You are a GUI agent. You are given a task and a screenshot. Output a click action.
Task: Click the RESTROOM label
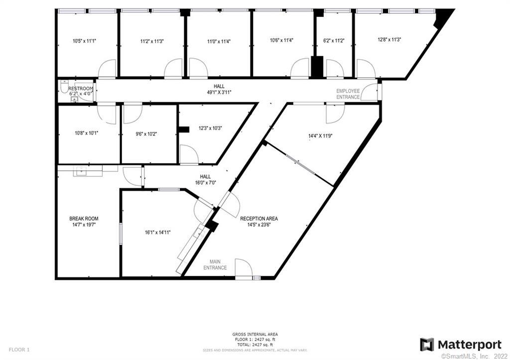tap(81, 89)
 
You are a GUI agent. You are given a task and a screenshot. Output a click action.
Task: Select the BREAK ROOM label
tap(84, 219)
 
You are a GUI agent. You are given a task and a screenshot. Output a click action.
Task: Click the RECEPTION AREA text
tap(259, 219)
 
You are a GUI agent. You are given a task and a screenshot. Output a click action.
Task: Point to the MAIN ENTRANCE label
tap(215, 264)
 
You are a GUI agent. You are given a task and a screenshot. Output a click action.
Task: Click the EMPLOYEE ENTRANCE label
tap(348, 94)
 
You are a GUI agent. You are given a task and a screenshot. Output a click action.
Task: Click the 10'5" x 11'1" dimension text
tap(84, 41)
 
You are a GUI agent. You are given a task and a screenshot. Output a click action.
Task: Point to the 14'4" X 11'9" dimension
tap(320, 135)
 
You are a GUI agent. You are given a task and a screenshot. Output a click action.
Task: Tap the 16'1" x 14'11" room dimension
tap(158, 232)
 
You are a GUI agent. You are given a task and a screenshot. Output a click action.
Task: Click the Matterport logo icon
tap(427, 345)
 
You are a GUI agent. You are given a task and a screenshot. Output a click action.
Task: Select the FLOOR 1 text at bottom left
tap(19, 350)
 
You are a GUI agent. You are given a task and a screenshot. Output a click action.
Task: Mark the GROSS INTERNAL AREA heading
tap(255, 334)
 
